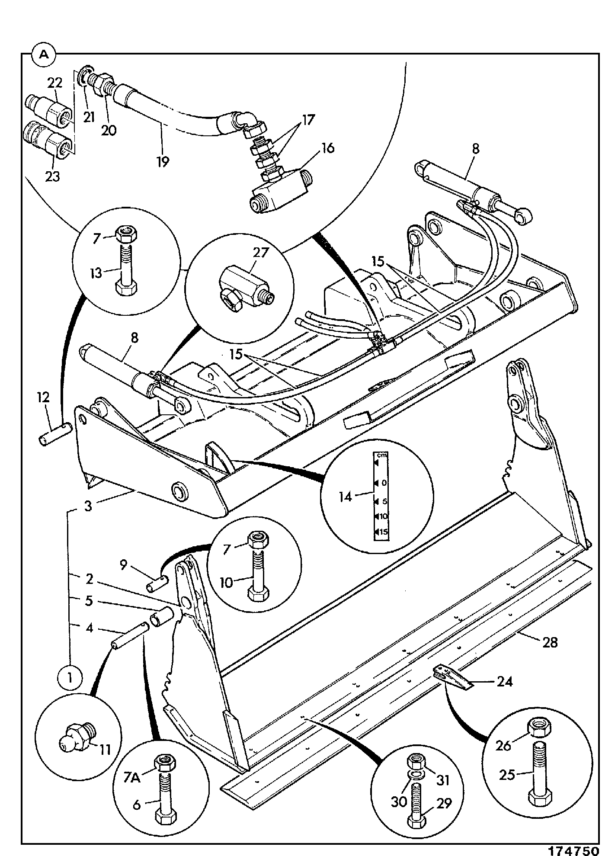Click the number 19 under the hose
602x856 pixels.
[x=163, y=161]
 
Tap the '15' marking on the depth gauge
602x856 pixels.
[x=383, y=532]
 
